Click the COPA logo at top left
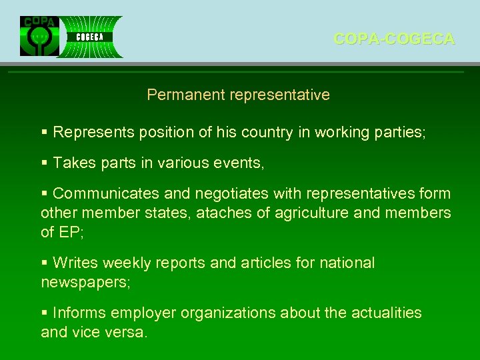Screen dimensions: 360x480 click(39, 36)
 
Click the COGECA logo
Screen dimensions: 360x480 click(90, 37)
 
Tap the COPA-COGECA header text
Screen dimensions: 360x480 click(394, 39)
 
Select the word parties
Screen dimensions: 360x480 click(399, 132)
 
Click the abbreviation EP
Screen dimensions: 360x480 click(69, 232)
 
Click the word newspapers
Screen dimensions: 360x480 click(84, 282)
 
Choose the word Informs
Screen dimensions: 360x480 click(79, 313)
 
